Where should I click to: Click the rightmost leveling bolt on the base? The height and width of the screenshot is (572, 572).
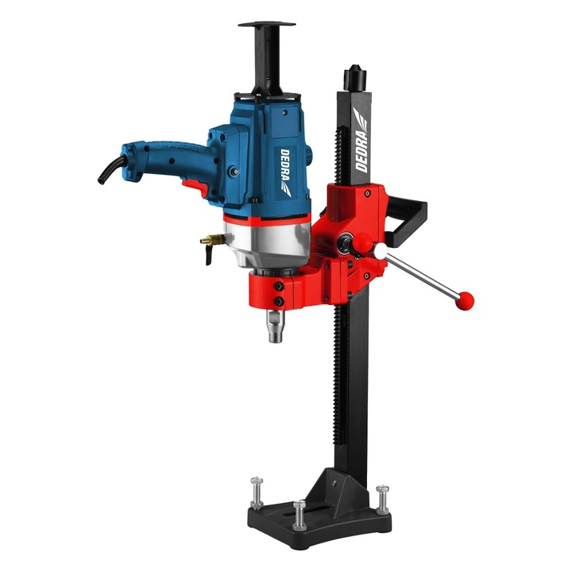pyautogui.click(x=383, y=496)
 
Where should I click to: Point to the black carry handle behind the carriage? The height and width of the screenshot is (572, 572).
pyautogui.click(x=413, y=214)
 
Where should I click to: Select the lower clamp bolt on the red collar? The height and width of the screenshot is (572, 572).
pyautogui.click(x=280, y=303)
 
